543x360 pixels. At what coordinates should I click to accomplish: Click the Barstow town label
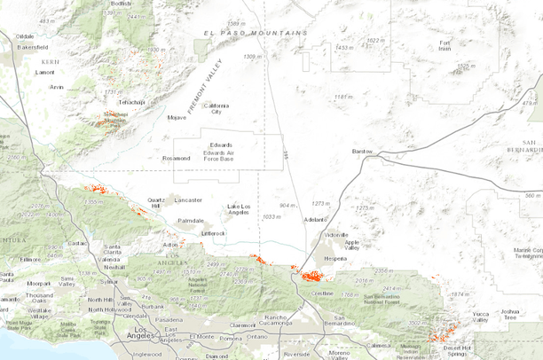(362, 152)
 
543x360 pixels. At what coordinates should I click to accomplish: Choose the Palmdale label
(190, 220)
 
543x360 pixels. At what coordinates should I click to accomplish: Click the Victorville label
(336, 234)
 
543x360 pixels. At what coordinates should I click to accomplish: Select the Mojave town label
(177, 117)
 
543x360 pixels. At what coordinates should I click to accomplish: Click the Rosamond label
(177, 159)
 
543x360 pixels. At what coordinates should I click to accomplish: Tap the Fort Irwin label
(444, 46)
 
